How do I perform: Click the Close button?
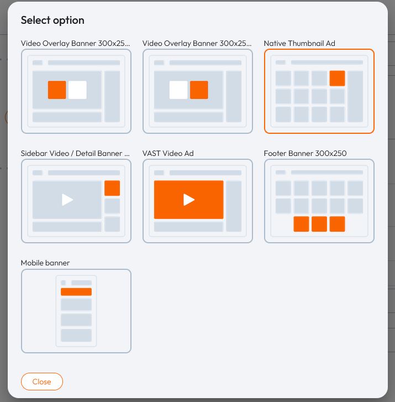point(42,382)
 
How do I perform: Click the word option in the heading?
point(69,20)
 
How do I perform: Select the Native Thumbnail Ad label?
point(299,43)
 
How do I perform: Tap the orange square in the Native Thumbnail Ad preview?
point(337,78)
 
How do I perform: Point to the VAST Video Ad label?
point(168,153)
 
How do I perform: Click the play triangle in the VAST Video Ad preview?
point(189,200)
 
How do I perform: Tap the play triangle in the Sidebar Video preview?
point(67,200)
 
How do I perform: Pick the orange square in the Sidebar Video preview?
point(112,188)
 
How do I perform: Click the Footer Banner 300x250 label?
point(305,153)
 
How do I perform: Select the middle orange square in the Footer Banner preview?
point(319,224)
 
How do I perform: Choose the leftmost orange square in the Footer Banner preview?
point(301,224)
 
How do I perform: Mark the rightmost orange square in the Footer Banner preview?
point(337,224)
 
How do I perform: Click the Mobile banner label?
point(45,263)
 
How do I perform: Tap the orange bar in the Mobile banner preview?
point(76,292)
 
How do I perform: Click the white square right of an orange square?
point(77,90)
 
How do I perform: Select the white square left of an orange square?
point(178,90)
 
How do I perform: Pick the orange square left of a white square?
point(57,90)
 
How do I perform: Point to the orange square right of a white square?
point(199,90)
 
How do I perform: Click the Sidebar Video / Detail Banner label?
point(75,153)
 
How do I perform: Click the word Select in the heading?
point(35,20)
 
